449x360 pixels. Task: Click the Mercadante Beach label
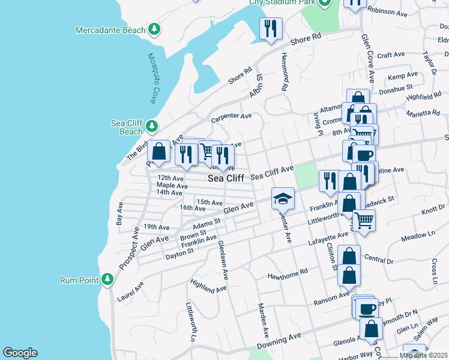(x=110, y=29)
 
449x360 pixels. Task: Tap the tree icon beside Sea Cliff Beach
(x=152, y=125)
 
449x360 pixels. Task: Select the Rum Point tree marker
(x=107, y=279)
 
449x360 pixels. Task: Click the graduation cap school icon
(x=283, y=197)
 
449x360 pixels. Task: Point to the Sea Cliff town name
(x=226, y=178)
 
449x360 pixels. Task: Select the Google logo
(x=20, y=353)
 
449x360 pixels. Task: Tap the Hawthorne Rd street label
(x=287, y=274)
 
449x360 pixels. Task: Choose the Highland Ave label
(x=208, y=286)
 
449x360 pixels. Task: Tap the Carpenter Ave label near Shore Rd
(x=231, y=115)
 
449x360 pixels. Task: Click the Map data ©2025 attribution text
(x=423, y=355)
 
